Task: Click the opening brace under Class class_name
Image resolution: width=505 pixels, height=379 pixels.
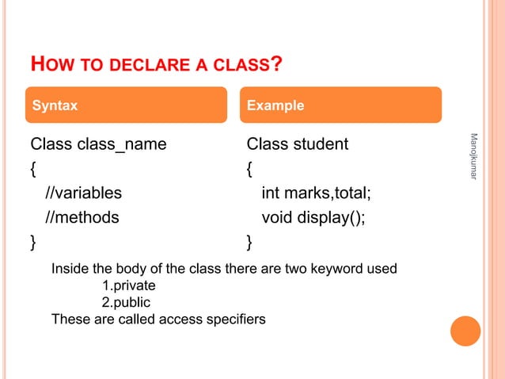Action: pos(32,169)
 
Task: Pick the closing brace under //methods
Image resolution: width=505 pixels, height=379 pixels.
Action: pos(32,241)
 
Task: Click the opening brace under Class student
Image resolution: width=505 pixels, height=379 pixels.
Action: pos(249,169)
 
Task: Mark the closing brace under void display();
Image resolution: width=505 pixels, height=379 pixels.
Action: pos(249,241)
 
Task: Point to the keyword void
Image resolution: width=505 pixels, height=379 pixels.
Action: pos(277,216)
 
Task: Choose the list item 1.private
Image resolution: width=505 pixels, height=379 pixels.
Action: pos(129,285)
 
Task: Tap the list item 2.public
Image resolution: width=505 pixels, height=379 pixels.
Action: pos(126,302)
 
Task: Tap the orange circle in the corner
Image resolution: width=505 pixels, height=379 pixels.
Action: pos(465,331)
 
